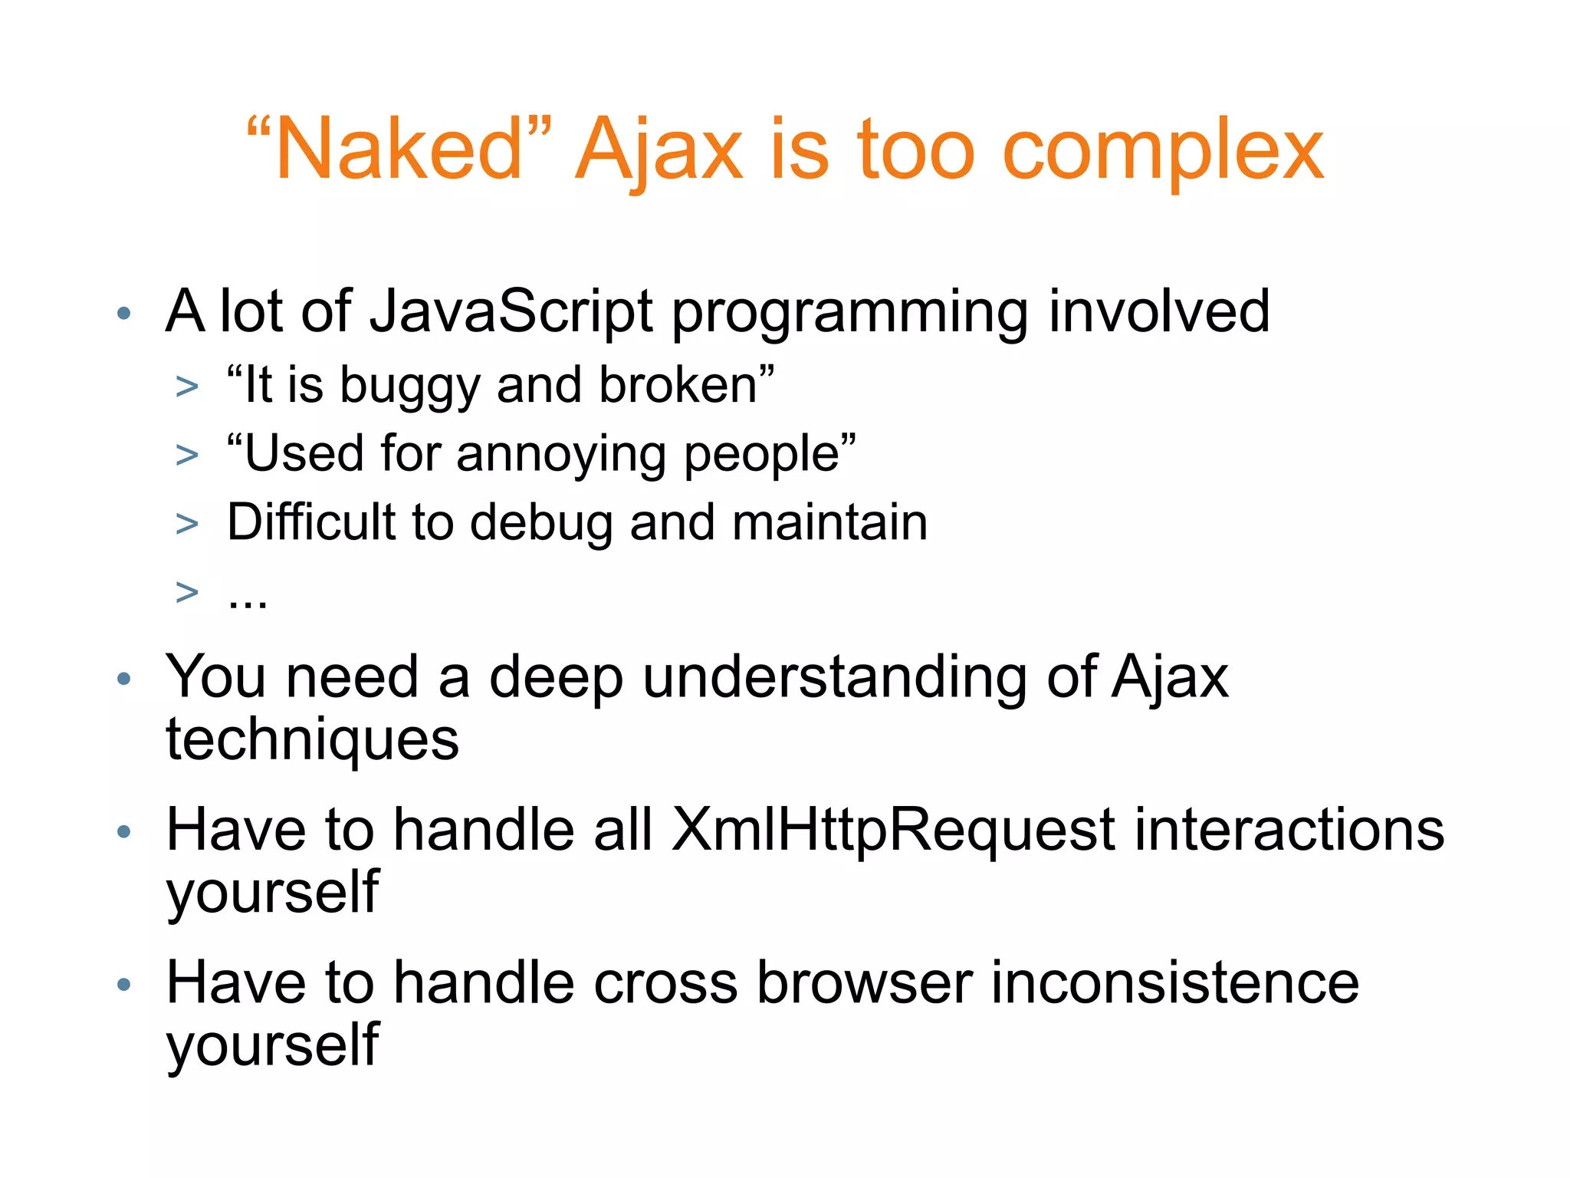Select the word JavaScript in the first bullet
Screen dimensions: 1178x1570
(511, 312)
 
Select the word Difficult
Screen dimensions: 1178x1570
(310, 522)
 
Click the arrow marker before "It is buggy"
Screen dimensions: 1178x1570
(186, 387)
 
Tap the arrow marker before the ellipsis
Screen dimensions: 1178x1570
(186, 592)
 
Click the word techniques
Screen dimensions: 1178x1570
(312, 741)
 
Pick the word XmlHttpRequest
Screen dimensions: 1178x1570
(893, 831)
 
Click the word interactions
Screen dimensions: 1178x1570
(1289, 831)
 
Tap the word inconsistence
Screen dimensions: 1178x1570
(1174, 984)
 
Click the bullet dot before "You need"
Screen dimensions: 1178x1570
(124, 679)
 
